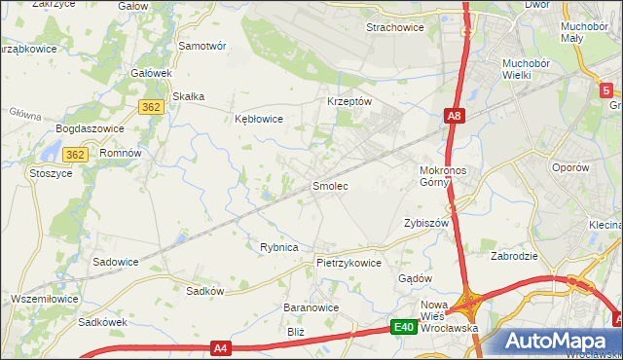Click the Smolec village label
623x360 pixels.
pyautogui.click(x=329, y=185)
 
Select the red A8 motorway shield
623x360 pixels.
pyautogui.click(x=454, y=117)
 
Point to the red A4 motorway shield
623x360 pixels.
pyautogui.click(x=220, y=347)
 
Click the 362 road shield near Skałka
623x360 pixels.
pyautogui.click(x=150, y=107)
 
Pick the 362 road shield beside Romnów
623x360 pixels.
pyautogui.click(x=76, y=155)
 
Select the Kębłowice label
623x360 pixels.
pyautogui.click(x=259, y=120)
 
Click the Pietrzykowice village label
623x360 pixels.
pyautogui.click(x=348, y=263)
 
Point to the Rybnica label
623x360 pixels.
pyautogui.click(x=278, y=247)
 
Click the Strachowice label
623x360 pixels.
pyautogui.click(x=394, y=27)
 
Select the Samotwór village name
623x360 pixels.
pyautogui.click(x=202, y=46)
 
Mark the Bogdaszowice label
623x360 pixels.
pyautogui.click(x=88, y=128)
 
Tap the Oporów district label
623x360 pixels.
pyautogui.click(x=570, y=167)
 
